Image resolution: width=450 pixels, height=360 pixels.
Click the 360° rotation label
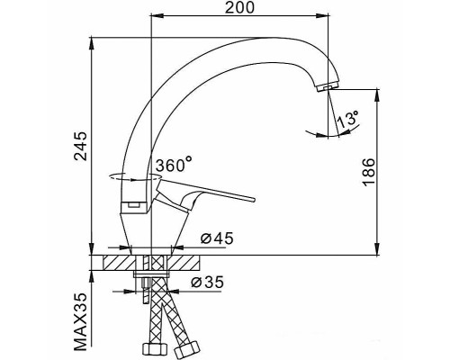click(x=173, y=166)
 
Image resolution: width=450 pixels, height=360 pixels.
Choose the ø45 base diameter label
click(x=217, y=238)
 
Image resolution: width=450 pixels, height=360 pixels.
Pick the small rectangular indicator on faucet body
click(x=131, y=206)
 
